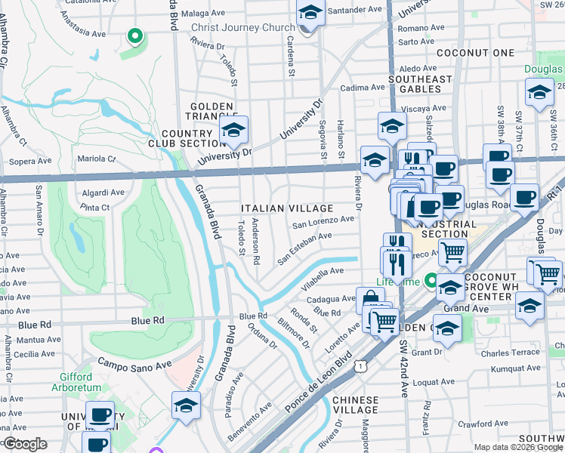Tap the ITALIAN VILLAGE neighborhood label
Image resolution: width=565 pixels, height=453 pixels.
(x=287, y=208)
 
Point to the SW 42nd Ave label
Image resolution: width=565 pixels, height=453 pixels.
(x=405, y=365)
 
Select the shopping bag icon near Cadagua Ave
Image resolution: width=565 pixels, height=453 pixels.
(x=370, y=299)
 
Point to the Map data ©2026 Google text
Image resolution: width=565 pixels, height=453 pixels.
(x=517, y=447)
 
